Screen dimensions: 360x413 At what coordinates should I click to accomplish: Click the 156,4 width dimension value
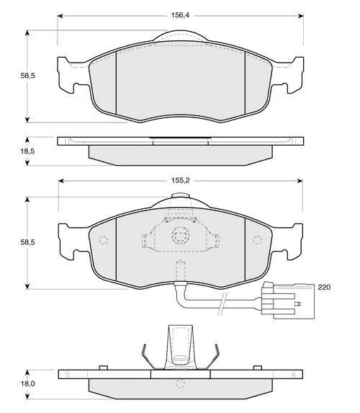(x=180, y=15)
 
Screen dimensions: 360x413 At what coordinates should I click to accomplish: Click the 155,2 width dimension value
(x=181, y=181)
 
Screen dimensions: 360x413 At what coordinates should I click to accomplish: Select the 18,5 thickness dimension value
(x=27, y=151)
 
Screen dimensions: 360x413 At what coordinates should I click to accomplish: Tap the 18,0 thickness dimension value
(x=27, y=383)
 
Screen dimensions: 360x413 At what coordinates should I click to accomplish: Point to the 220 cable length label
(x=324, y=287)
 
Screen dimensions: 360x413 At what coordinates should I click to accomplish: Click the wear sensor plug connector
(x=288, y=301)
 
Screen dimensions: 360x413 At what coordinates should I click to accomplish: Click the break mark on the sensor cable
(x=222, y=303)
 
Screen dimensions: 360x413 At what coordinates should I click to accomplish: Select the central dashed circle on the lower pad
(x=181, y=235)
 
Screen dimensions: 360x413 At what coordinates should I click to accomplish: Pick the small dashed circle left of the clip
(x=104, y=240)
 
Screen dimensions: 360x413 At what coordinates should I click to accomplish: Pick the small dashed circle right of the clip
(x=258, y=240)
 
